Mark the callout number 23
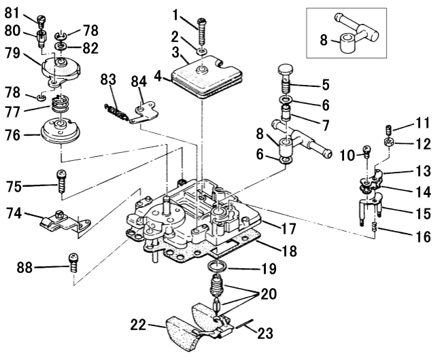265,333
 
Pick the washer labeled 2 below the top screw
203,52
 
